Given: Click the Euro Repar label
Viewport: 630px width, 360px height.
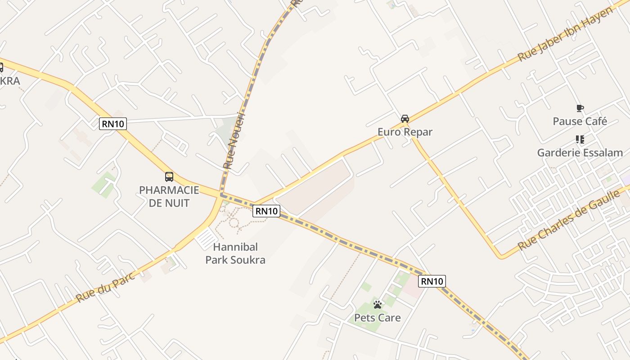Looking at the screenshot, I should coord(405,132).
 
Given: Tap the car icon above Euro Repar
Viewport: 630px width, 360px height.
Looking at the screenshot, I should coord(405,119).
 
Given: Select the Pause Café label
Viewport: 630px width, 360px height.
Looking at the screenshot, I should coord(580,121).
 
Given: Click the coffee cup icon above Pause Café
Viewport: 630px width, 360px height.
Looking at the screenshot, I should coord(580,108).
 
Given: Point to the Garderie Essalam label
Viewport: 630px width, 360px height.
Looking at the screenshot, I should coord(580,153).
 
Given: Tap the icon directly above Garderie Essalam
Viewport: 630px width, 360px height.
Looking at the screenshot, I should coord(580,139).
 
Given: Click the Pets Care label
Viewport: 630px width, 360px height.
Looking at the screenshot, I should coord(377,318).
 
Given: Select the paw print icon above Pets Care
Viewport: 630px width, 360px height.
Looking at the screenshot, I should coord(377,305).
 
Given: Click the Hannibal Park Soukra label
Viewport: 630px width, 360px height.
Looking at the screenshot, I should coord(235,253).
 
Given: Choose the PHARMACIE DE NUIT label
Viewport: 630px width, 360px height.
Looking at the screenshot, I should coord(169,196).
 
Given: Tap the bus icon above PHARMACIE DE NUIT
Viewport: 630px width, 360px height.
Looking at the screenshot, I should coord(169,177).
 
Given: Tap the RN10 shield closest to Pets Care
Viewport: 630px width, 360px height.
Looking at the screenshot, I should coord(432,282).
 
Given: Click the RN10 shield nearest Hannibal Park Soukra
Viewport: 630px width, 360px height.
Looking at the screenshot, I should coord(266,211).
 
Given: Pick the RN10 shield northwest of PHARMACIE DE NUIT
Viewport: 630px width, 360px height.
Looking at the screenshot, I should coord(113,124).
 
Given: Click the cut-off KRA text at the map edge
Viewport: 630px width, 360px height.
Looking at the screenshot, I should coord(10,81).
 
